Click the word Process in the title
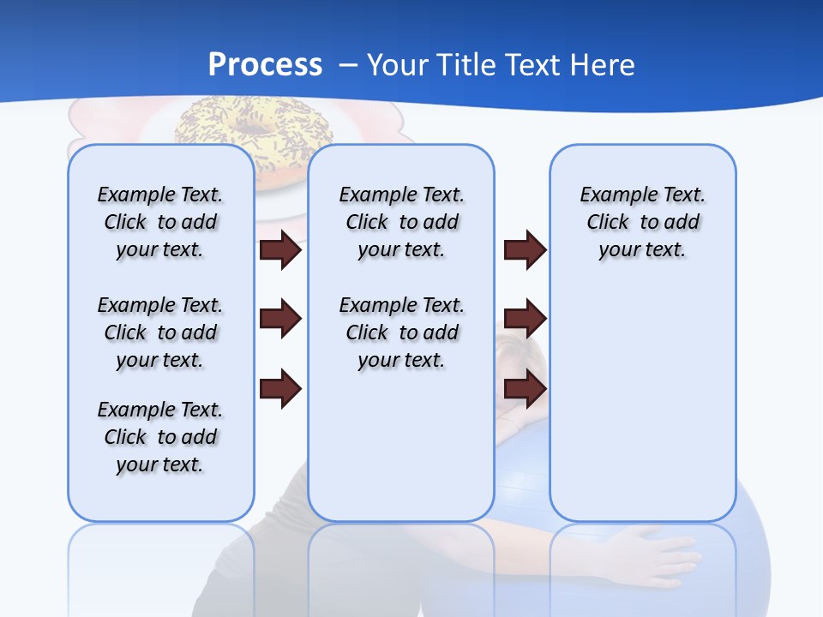[265, 65]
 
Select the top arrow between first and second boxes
[280, 250]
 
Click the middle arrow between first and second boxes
[280, 319]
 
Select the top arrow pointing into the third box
[525, 250]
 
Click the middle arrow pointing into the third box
[525, 319]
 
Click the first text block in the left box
[160, 222]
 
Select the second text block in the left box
[160, 332]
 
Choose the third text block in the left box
[160, 437]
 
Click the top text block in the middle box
[401, 222]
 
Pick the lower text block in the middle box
[401, 332]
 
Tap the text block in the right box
[642, 222]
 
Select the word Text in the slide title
[535, 65]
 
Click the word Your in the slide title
[398, 65]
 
